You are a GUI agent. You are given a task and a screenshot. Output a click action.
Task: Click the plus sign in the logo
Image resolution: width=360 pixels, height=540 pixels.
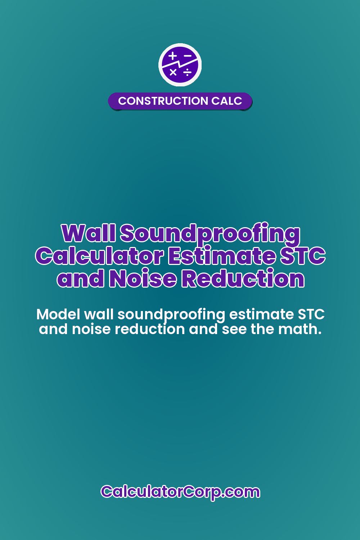pyautogui.click(x=173, y=56)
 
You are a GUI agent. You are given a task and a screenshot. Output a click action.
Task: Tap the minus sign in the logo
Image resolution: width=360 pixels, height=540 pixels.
pyautogui.click(x=188, y=56)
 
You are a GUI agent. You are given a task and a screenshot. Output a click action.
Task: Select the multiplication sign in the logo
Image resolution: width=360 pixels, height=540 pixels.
pyautogui.click(x=173, y=72)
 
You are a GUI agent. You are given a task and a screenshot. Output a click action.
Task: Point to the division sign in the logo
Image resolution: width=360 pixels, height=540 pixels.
pyautogui.click(x=187, y=73)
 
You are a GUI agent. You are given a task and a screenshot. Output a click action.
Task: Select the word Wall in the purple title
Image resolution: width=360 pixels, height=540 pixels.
pyautogui.click(x=88, y=233)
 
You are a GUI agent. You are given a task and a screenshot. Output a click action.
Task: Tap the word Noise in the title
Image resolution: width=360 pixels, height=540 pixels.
pyautogui.click(x=143, y=279)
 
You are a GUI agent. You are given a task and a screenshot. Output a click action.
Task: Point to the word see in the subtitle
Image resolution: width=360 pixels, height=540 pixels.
pyautogui.click(x=234, y=329)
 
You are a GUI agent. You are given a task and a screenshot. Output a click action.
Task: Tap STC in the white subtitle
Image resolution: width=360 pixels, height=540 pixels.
pyautogui.click(x=311, y=314)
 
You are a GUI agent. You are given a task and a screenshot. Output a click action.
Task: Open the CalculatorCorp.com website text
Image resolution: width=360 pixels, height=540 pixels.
pyautogui.click(x=180, y=492)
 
